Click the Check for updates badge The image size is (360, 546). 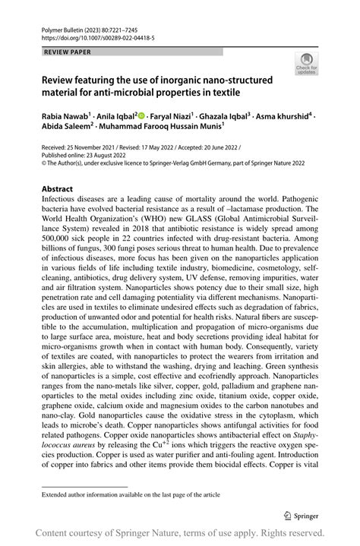307,65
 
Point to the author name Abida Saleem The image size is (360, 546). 67,128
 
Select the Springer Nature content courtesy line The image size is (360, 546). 180,533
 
